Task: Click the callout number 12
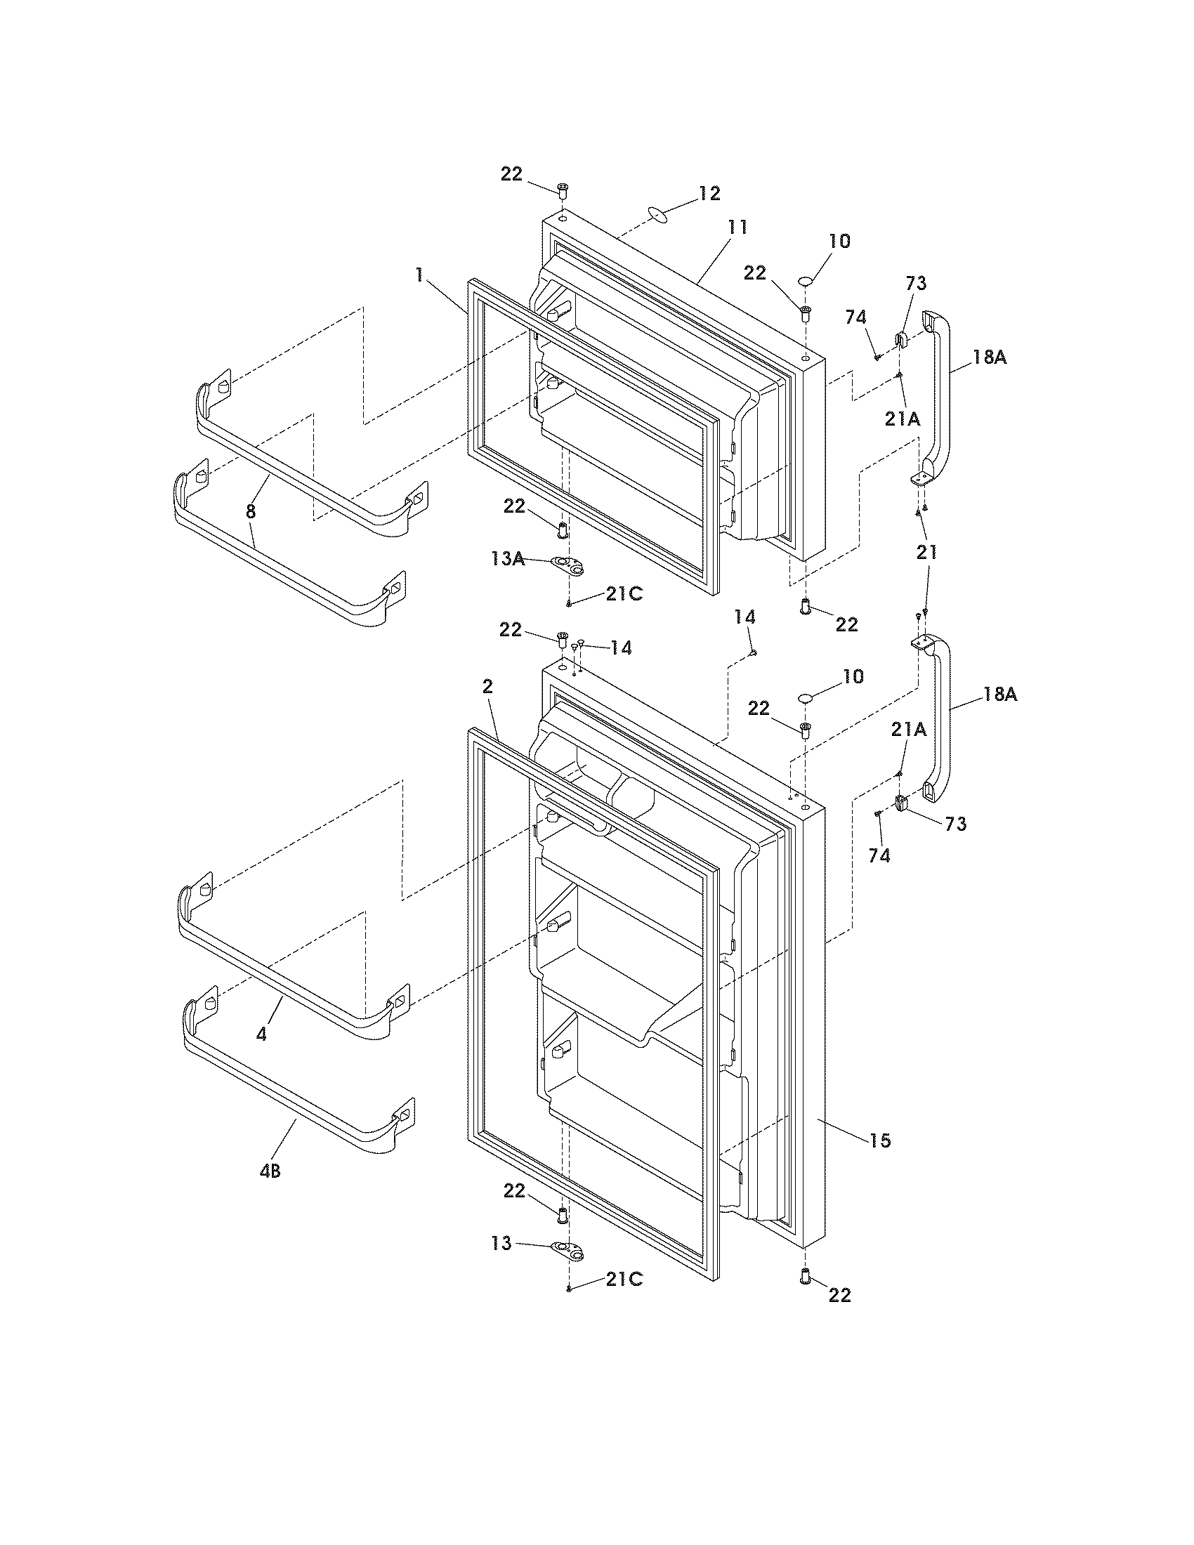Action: [x=709, y=193]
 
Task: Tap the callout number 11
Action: [x=737, y=227]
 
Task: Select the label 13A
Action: [x=508, y=559]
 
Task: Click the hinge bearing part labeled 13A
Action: [x=569, y=564]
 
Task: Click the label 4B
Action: [x=270, y=1171]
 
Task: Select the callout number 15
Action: [x=880, y=1140]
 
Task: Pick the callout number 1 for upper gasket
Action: [x=419, y=275]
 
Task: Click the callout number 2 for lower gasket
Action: [x=487, y=685]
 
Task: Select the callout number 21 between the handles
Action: [x=926, y=552]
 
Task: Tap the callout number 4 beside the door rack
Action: [x=262, y=1034]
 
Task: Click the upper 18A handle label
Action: [x=989, y=357]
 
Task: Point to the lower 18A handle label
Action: [x=999, y=695]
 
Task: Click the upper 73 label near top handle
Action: [x=915, y=283]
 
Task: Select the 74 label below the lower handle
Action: [x=879, y=855]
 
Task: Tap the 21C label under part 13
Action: [x=623, y=1280]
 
